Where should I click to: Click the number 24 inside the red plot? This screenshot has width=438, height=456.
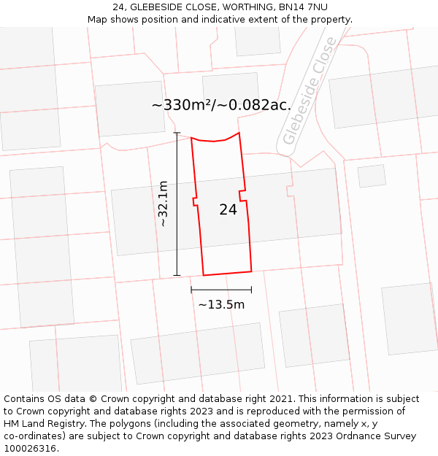(228, 209)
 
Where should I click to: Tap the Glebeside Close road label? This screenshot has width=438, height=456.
(310, 92)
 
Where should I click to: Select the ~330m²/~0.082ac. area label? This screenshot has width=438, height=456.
(221, 105)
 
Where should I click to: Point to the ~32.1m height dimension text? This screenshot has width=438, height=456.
(163, 204)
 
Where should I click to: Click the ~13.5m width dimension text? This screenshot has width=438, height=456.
(221, 304)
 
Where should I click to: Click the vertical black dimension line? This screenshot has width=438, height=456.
(177, 204)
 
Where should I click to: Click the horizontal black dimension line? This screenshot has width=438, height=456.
(221, 290)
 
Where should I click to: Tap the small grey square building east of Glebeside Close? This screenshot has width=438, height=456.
(372, 176)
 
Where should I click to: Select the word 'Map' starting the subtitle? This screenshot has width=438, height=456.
(98, 19)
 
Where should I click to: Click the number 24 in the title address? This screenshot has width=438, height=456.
(119, 7)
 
